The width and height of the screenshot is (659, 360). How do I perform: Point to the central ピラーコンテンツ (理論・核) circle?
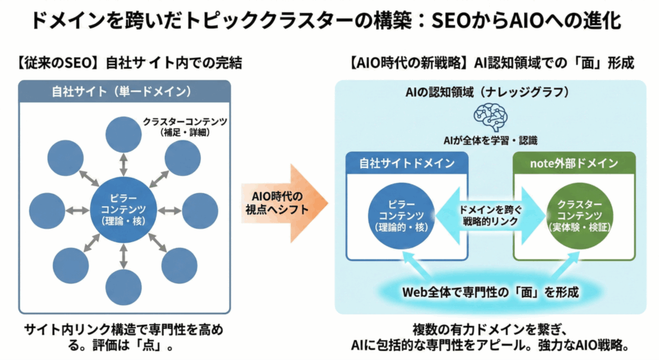click(124, 210)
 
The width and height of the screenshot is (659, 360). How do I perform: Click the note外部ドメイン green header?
click(573, 164)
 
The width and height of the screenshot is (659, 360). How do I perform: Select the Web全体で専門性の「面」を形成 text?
click(490, 292)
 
